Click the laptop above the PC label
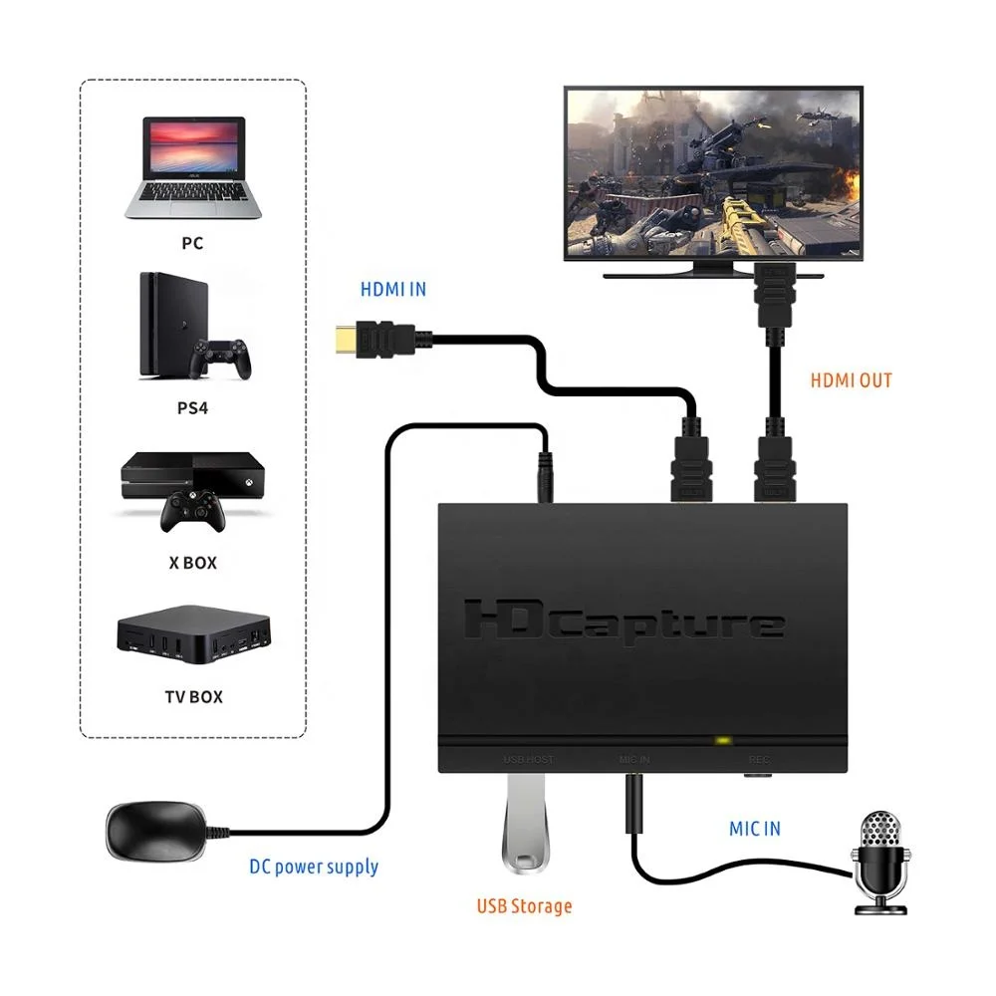click(x=193, y=166)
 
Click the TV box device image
click(x=193, y=635)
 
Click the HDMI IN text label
click(x=392, y=289)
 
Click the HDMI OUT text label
click(x=851, y=379)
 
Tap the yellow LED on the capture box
click(x=721, y=741)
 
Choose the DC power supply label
click(x=314, y=867)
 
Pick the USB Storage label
click(x=524, y=906)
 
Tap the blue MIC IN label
click(x=754, y=828)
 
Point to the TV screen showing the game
click(x=712, y=171)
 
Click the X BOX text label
click(x=192, y=563)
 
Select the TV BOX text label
click(x=193, y=696)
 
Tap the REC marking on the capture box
click(x=758, y=761)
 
